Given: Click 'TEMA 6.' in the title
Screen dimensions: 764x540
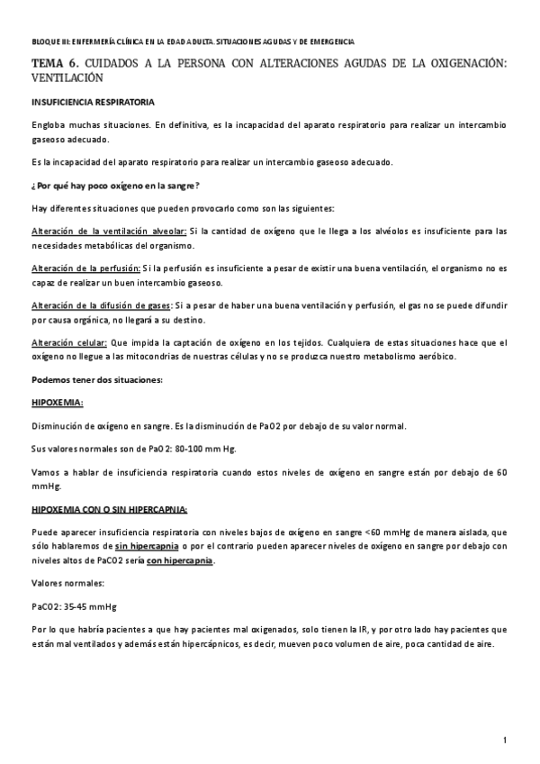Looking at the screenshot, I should (55, 64).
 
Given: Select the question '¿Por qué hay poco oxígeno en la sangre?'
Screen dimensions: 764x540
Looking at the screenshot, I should (104, 186).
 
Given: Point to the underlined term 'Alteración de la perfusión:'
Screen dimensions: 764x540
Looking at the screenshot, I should (85, 268).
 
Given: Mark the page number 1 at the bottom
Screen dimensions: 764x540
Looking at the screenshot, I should (507, 740).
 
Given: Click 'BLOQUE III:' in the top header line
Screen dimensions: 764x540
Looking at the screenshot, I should (50, 42).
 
